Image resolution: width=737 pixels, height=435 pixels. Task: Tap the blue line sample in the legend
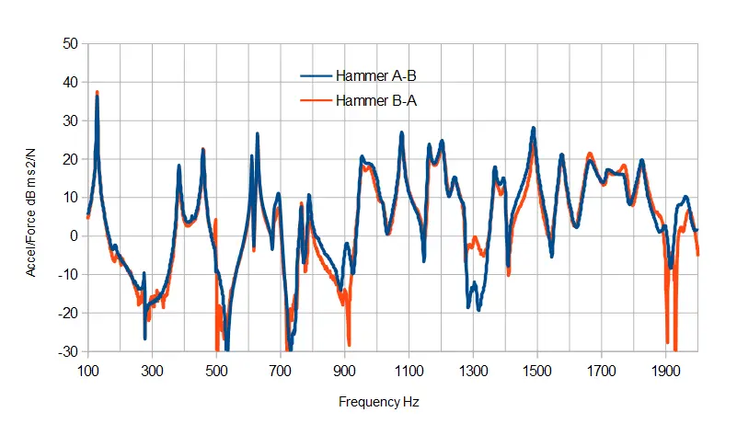pos(317,77)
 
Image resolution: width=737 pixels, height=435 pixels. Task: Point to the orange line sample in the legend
pos(317,101)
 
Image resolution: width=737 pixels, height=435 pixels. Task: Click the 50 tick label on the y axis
pos(69,43)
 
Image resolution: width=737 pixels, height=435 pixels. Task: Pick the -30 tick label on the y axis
pos(67,352)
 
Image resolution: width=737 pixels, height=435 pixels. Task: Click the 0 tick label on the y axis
pos(73,236)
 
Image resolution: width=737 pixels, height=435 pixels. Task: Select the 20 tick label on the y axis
pos(69,159)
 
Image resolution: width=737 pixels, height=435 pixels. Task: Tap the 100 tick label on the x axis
pos(87,371)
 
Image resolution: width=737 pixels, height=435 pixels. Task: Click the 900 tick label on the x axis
pos(344,371)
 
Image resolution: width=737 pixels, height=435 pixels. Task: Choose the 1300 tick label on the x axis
pos(472,371)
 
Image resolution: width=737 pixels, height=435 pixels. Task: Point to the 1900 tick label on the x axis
pos(665,371)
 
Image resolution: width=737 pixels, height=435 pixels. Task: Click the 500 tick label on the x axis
pos(215,371)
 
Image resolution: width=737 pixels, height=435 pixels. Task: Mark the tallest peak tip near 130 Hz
pos(97,93)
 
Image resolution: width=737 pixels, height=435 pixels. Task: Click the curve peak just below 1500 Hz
pos(533,129)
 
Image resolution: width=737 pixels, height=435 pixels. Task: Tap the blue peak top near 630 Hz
pos(258,134)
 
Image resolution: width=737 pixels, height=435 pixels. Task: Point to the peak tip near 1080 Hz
pos(402,133)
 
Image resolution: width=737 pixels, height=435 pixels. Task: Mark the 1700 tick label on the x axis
pos(601,371)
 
